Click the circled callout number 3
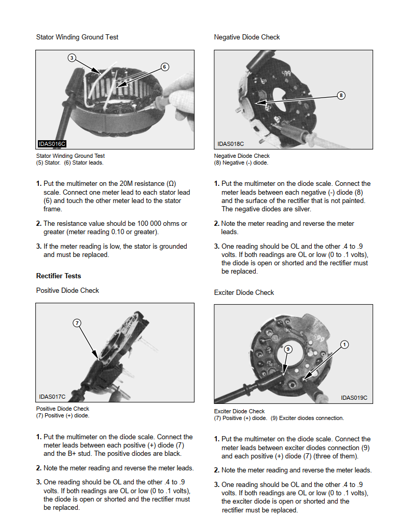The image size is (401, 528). [72, 58]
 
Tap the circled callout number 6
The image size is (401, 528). [164, 66]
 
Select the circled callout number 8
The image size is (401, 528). [341, 96]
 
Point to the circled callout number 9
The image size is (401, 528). [288, 349]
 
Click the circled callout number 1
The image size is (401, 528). [344, 345]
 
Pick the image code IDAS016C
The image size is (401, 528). [52, 144]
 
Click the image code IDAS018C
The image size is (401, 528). [230, 144]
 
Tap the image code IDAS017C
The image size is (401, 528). [52, 397]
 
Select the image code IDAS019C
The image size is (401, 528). [354, 398]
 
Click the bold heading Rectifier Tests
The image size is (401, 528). [59, 276]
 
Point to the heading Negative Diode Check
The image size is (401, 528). [247, 37]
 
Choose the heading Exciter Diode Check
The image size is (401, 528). [244, 293]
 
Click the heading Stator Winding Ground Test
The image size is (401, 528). [77, 37]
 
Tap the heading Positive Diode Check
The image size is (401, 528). [67, 290]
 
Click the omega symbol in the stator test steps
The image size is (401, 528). [171, 183]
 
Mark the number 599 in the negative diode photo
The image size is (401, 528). [286, 73]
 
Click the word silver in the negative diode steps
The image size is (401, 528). [302, 209]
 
